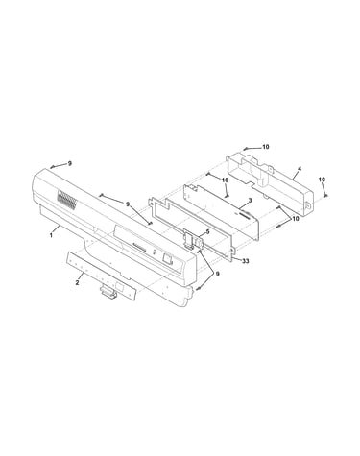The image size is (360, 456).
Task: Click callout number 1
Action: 51,235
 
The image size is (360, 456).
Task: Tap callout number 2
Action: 77,282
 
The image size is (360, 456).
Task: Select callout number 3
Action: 251,200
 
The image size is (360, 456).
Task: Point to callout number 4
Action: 299,168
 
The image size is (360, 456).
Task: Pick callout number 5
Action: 207,231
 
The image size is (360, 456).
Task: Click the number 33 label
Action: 245,261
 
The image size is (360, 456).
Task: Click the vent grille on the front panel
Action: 67,199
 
